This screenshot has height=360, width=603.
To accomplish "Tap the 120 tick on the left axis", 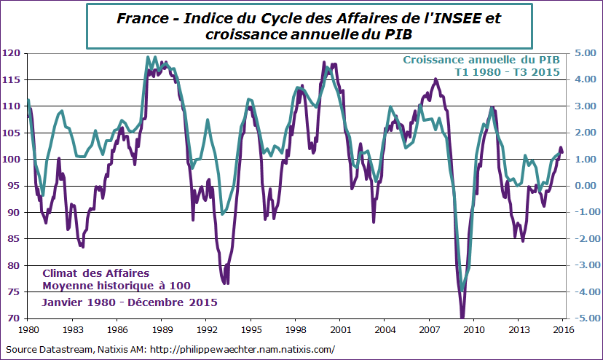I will [12, 53].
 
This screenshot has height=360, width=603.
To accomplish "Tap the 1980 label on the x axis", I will [28, 329].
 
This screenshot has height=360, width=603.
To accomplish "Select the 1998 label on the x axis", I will [296, 329].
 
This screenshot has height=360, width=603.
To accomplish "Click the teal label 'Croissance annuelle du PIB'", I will [481, 60].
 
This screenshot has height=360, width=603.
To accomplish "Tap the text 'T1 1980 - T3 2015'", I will [507, 72].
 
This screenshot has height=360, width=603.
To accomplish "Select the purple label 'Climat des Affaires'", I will [96, 273].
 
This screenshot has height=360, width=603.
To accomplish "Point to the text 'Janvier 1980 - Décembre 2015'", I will [129, 301].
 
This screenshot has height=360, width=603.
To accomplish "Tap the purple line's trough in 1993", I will [226, 283].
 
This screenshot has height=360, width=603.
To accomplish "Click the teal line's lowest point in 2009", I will [462, 290].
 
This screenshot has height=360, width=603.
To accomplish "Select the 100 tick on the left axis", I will [12, 160].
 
